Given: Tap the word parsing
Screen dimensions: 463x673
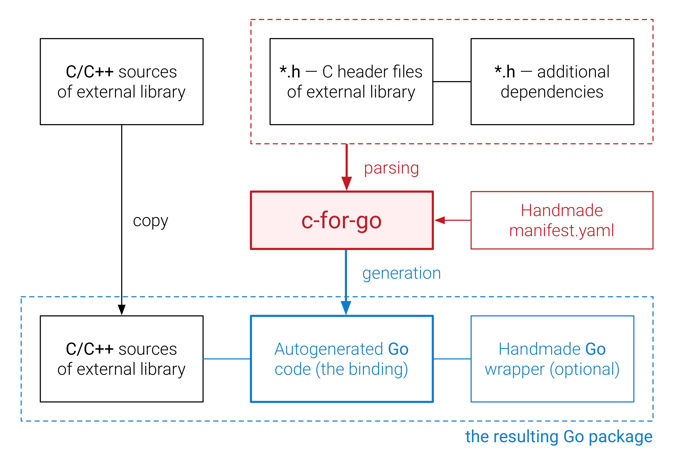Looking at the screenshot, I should point(391,168).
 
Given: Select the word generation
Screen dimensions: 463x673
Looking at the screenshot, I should point(401,273).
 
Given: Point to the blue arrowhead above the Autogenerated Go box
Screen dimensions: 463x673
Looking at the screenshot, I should point(346,307).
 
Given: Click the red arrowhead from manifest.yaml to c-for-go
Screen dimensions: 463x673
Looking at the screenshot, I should point(440,220).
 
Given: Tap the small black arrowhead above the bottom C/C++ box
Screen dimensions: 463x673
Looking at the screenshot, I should point(122,310).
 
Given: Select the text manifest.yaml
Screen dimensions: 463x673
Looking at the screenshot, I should point(561,231).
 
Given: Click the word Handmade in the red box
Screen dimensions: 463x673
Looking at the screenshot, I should point(561,210).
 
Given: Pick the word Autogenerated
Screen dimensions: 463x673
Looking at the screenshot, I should point(329,349).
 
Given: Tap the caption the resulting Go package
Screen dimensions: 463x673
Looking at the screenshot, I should point(559,437).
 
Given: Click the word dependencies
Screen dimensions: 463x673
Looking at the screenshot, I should point(552,92).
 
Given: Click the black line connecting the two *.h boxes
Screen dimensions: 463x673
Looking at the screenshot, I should point(452,82).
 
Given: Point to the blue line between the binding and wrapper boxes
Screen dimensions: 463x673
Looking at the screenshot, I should point(452,359).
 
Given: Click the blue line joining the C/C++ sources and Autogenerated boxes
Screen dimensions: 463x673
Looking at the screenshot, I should point(227,359).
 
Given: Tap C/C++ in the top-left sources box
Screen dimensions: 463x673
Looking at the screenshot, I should point(90,72).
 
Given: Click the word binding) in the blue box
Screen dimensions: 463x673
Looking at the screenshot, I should point(378,369).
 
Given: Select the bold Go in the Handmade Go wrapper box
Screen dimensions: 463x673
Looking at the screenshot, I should point(595,349).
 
